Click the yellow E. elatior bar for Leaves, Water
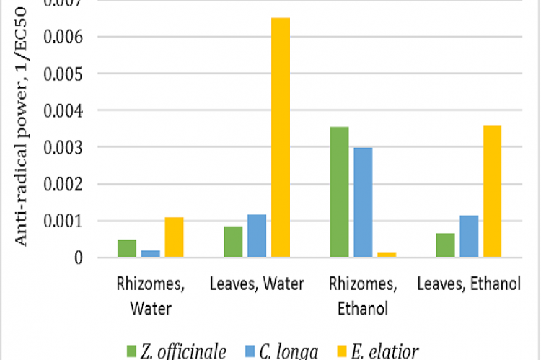(x=281, y=137)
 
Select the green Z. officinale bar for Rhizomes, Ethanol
(x=339, y=192)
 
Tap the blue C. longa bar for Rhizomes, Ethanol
(x=363, y=202)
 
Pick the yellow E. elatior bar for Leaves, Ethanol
(x=493, y=191)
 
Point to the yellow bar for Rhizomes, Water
(x=174, y=237)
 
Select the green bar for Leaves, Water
(x=233, y=242)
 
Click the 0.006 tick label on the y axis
(x=65, y=37)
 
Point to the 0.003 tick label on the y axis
(x=65, y=147)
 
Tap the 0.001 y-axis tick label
(x=65, y=221)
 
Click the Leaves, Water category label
(x=257, y=284)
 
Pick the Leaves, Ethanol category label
(x=469, y=284)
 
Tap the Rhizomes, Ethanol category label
(x=363, y=296)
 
